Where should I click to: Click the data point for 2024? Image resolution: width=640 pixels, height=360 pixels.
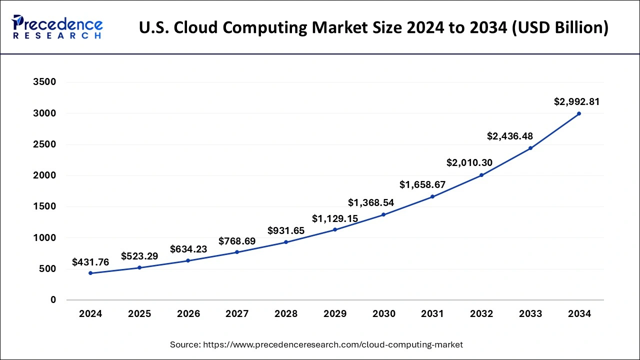(x=90, y=273)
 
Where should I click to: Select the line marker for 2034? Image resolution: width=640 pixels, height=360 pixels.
(x=579, y=113)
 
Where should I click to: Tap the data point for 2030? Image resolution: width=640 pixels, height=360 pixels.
(x=383, y=214)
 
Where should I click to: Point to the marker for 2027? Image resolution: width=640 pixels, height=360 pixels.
(x=237, y=252)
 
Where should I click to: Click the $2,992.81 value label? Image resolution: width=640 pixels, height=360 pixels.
(x=576, y=101)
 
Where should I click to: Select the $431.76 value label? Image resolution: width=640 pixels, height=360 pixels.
(x=90, y=262)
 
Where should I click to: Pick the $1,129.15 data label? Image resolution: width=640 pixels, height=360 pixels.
(x=335, y=218)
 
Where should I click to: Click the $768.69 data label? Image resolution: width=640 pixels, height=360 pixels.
(x=237, y=241)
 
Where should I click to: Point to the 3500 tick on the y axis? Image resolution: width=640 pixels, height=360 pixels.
(x=45, y=82)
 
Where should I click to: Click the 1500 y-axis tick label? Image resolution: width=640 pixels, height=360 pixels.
(x=45, y=207)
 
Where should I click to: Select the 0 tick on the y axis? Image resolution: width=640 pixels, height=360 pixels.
(x=53, y=300)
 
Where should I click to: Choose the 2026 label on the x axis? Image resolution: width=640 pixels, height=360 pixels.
(x=188, y=314)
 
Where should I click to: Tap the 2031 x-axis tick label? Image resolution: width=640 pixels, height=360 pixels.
(x=432, y=314)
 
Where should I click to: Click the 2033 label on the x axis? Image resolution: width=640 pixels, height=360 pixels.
(x=530, y=314)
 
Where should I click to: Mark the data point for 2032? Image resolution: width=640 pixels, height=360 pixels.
(x=481, y=175)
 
